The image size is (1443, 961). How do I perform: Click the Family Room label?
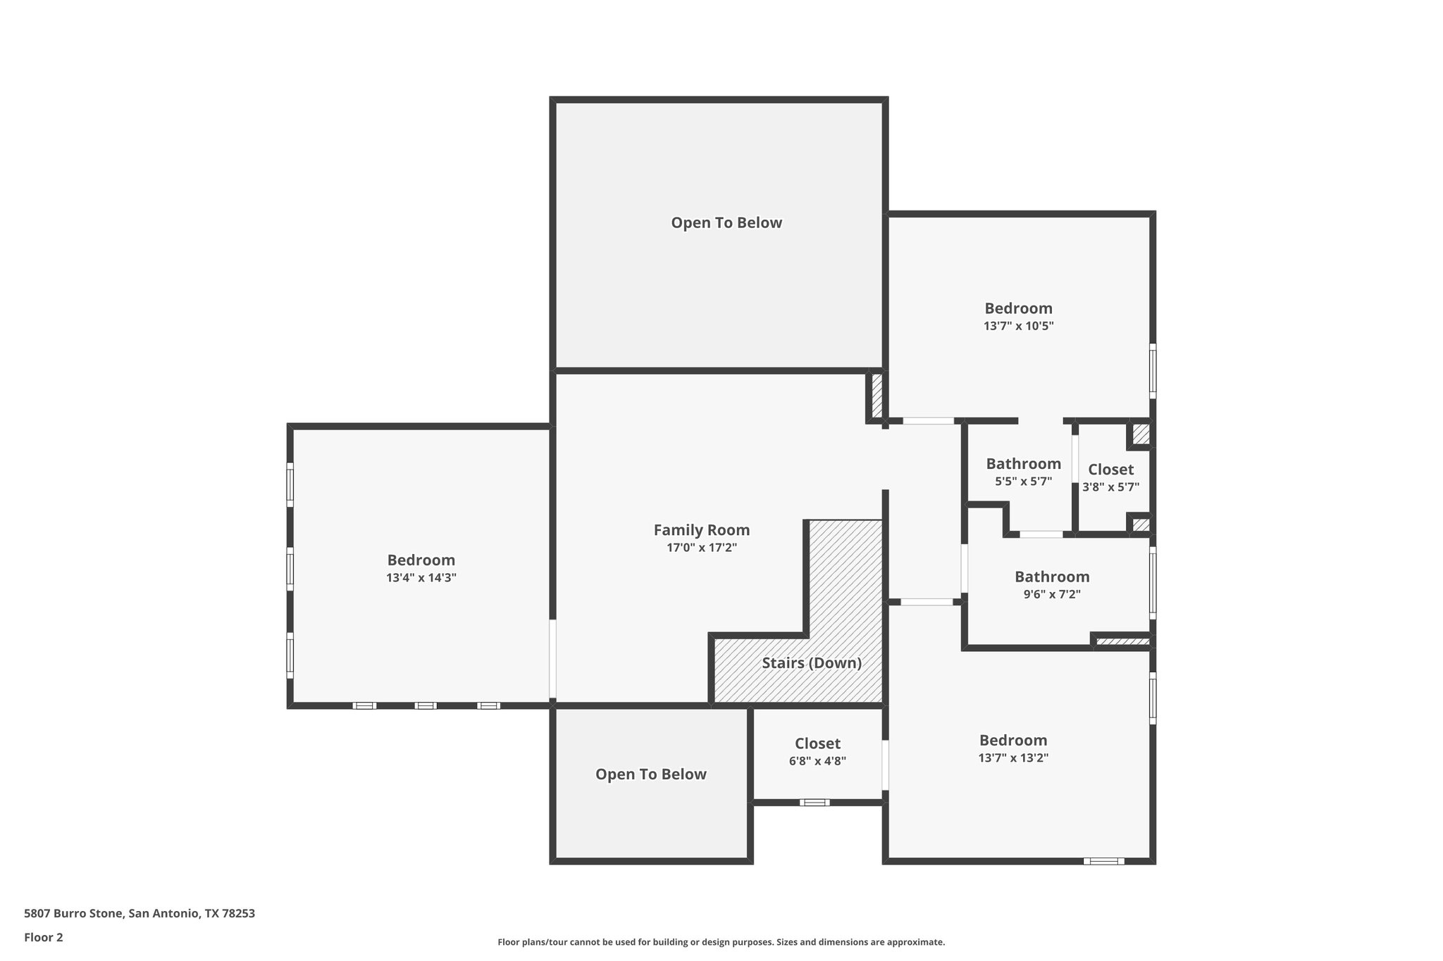click(x=701, y=530)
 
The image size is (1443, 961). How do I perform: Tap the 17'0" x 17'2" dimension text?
click(x=701, y=548)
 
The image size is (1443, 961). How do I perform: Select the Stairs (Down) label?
click(x=812, y=663)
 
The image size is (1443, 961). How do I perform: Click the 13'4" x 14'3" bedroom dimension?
click(x=421, y=578)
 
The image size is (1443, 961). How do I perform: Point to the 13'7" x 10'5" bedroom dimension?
click(x=1018, y=326)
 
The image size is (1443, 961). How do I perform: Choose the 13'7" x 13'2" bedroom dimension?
click(x=1013, y=758)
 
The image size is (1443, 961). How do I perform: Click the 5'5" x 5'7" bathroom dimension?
click(x=1023, y=482)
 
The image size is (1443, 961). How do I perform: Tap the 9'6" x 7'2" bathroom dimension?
click(x=1052, y=594)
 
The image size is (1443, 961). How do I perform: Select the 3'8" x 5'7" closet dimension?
click(x=1110, y=486)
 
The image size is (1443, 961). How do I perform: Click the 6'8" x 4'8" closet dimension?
click(x=817, y=761)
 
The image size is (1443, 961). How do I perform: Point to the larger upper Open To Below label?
click(x=726, y=223)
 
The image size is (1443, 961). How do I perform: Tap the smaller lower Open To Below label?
click(x=650, y=774)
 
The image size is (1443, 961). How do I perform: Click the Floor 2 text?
click(x=44, y=937)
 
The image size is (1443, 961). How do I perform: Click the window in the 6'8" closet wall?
click(x=815, y=803)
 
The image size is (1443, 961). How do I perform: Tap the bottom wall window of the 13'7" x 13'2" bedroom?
click(x=1103, y=861)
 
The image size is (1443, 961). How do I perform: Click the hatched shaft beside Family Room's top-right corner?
click(x=877, y=396)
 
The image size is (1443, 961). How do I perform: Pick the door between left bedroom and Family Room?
click(x=553, y=658)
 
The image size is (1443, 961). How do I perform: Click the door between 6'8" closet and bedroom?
click(x=886, y=765)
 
